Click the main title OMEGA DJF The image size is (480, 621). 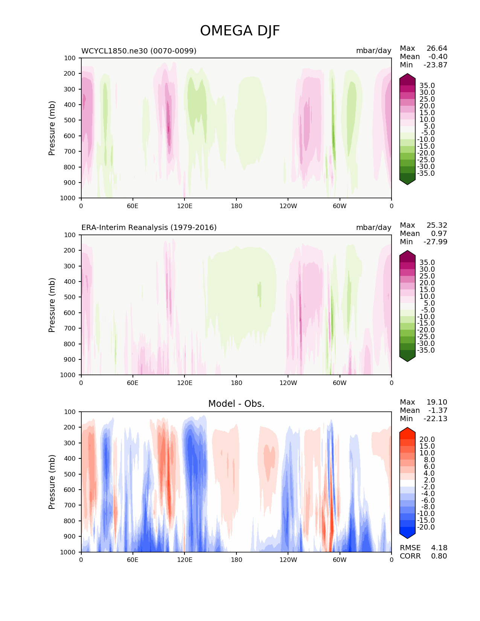point(240,31)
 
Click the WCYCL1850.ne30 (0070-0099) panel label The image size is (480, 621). point(139,51)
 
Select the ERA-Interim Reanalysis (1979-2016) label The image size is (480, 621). point(149,228)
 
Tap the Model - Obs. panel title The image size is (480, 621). point(236,404)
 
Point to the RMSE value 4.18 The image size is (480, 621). point(439,548)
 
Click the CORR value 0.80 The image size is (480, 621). point(439,556)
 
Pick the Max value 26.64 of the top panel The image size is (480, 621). point(437,49)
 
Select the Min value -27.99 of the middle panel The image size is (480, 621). point(435,242)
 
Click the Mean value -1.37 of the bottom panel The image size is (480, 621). point(437,411)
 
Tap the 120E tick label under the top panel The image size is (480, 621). point(184,206)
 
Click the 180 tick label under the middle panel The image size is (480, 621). point(236,383)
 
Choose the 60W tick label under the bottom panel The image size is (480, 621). point(340,560)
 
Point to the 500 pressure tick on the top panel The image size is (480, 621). point(70,120)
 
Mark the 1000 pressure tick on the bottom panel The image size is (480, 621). point(69,552)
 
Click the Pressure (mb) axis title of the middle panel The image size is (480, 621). point(52,305)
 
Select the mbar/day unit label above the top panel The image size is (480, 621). point(373,51)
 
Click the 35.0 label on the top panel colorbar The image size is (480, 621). point(427,86)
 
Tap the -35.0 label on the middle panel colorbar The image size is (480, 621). point(426,350)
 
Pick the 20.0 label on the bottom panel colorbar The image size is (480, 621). point(427,440)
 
